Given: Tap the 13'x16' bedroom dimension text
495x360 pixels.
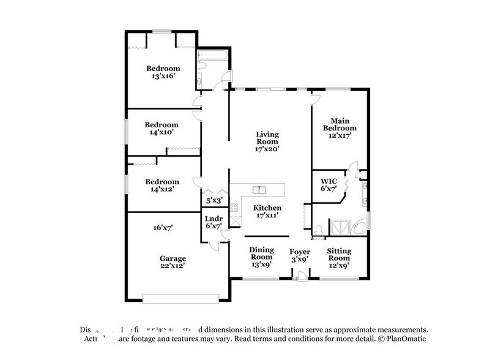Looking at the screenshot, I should [x=163, y=77].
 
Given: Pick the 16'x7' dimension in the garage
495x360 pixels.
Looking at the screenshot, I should [x=162, y=227].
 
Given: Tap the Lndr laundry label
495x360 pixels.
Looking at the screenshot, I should [x=213, y=219].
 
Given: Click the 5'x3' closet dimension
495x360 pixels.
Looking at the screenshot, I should [x=213, y=200].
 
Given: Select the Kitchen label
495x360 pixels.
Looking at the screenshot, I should [x=267, y=208].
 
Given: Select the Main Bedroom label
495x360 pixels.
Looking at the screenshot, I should [x=343, y=124].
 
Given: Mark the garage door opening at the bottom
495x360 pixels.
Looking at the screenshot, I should [x=181, y=299].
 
